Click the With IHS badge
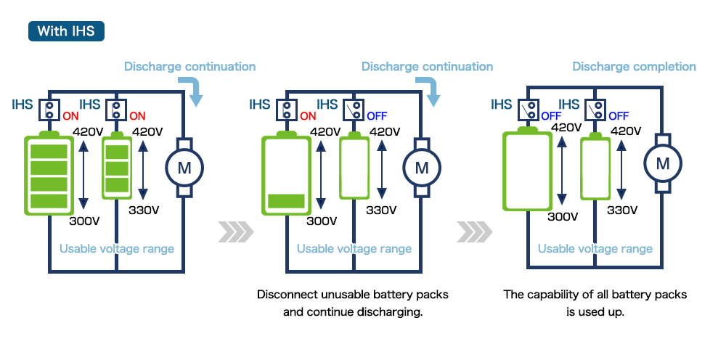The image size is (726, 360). coord(66,31)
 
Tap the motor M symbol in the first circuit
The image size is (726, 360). coord(184,168)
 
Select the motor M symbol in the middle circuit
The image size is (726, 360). coord(422,168)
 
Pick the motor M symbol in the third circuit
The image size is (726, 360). coord(662,163)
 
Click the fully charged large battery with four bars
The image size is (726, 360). coord(49,173)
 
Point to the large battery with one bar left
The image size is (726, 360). coord(286,174)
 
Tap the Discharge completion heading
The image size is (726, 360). coord(634,67)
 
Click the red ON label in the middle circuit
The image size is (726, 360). coord(308,115)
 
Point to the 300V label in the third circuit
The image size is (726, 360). coord(562,216)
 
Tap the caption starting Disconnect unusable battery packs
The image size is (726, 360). coord(353,303)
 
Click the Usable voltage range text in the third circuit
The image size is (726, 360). coord(595,249)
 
